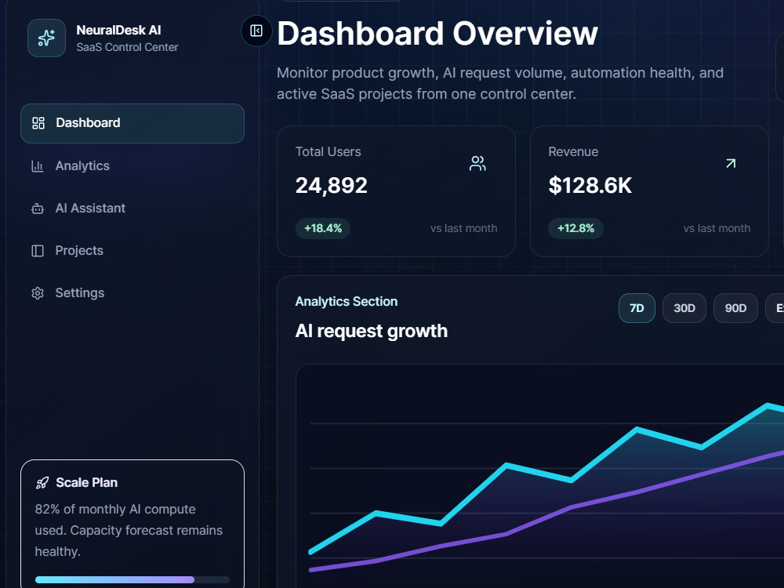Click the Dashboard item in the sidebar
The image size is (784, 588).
click(132, 123)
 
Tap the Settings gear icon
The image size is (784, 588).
click(38, 293)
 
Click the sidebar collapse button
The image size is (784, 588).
click(256, 31)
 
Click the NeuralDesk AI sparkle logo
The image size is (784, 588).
click(46, 38)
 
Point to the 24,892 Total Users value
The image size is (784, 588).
click(332, 186)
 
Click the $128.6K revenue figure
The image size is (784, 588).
click(590, 186)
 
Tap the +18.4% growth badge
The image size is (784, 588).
click(323, 228)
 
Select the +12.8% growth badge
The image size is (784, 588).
click(576, 228)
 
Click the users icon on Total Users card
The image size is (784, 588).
click(477, 164)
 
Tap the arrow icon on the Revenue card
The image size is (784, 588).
click(731, 164)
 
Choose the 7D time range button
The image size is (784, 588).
click(637, 308)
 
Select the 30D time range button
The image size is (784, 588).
click(684, 308)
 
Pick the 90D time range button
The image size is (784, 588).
click(735, 308)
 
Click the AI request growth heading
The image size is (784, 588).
click(372, 331)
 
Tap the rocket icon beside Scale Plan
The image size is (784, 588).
click(42, 482)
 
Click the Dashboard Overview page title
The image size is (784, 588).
click(437, 34)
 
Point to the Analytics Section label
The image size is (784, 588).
click(347, 302)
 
